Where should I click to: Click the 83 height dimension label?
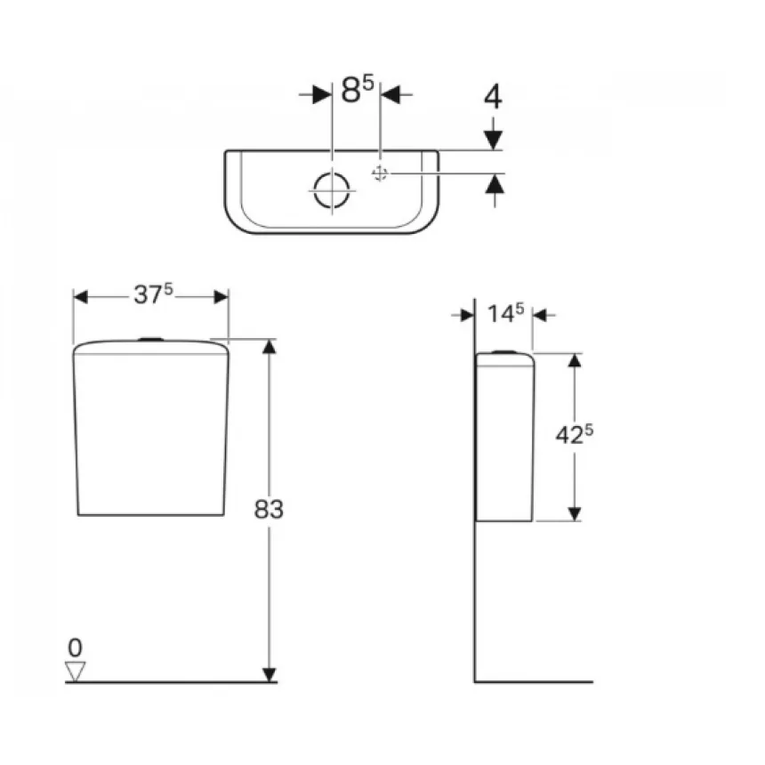269,510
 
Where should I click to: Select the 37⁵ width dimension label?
153,294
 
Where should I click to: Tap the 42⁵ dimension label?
575,434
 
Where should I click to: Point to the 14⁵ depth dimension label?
505,313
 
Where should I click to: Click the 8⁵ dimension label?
358,89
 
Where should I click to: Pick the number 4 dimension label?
493,96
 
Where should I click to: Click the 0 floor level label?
75,648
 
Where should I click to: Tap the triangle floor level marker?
75,671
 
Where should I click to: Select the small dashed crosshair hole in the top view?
380,173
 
